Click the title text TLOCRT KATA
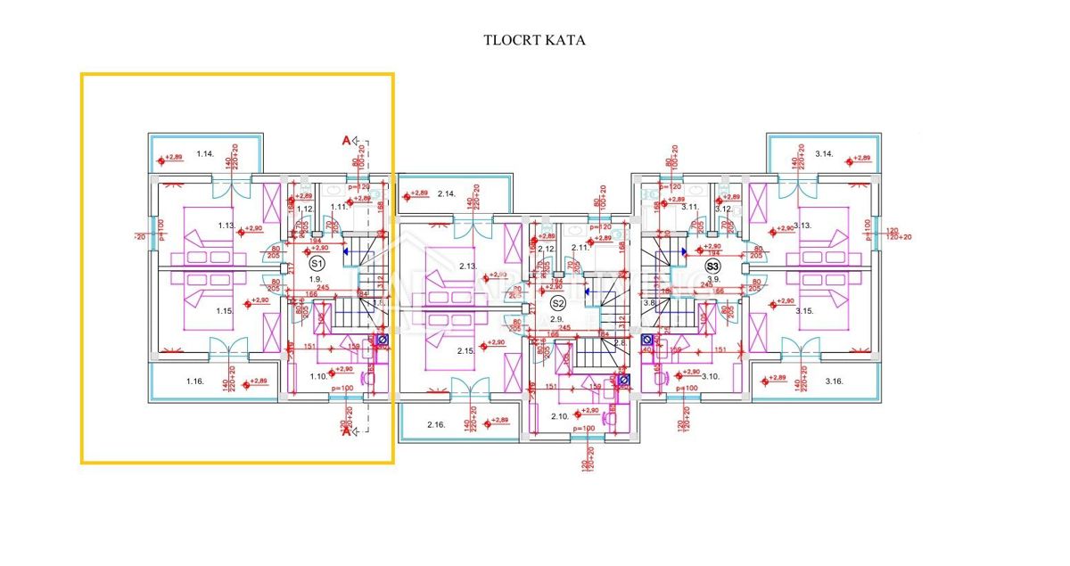[534, 40]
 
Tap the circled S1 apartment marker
[317, 264]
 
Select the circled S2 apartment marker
[558, 303]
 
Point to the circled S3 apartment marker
[712, 265]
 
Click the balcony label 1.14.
[206, 154]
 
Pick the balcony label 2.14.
[446, 193]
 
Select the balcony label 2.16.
[435, 424]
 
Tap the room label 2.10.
[560, 416]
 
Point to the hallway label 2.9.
[557, 318]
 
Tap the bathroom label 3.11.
[689, 207]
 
